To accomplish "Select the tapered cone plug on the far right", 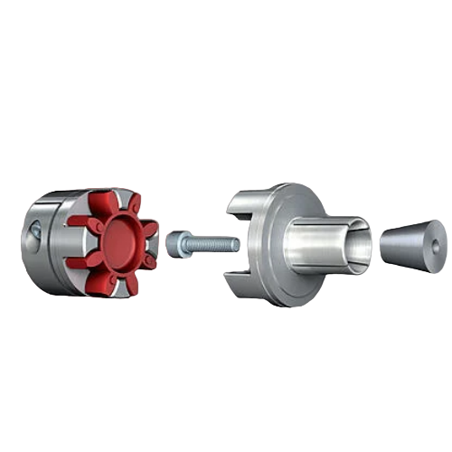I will pos(411,245).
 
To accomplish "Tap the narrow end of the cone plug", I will pos(383,245).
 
